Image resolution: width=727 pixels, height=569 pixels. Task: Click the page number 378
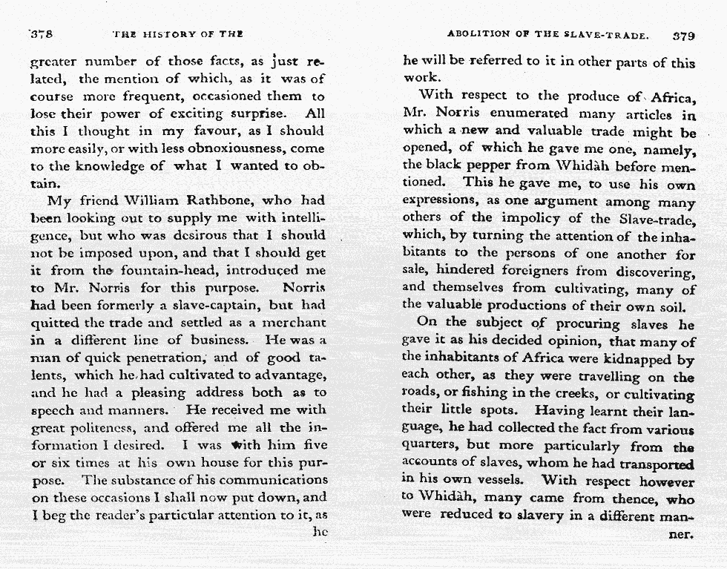coord(40,35)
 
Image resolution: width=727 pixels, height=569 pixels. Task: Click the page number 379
coord(683,35)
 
